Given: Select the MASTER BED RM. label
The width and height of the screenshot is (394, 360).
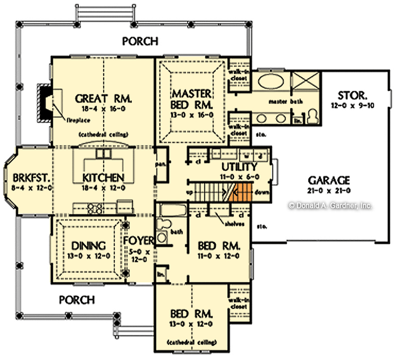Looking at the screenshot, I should tap(191, 100).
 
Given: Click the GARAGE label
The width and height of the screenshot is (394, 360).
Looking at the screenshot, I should tap(328, 180).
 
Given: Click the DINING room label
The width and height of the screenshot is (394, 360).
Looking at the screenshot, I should tap(89, 246).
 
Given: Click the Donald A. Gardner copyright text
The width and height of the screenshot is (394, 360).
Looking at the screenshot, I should tap(331, 205).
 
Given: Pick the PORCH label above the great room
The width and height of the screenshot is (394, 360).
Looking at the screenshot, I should tap(140, 41).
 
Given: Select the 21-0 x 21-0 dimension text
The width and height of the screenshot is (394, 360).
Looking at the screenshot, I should tap(328, 190).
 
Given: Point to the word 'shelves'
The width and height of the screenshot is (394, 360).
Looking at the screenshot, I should tap(229, 224).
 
